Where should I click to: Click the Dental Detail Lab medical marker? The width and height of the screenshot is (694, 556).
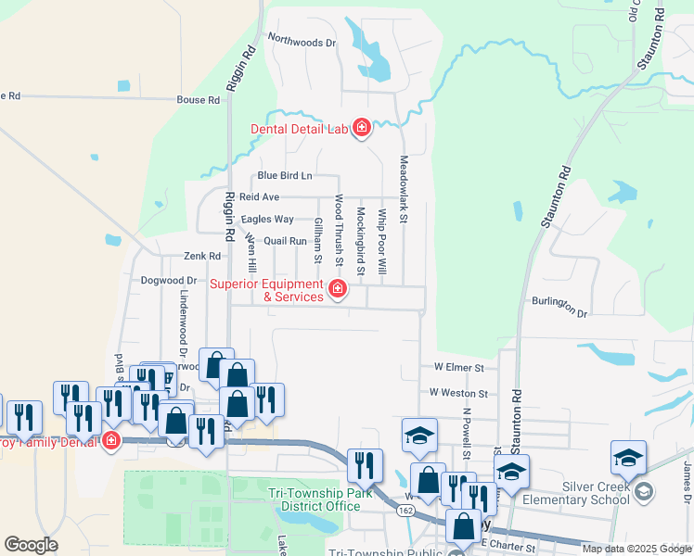(x=361, y=128)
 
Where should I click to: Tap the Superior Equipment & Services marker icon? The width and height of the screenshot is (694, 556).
(x=337, y=290)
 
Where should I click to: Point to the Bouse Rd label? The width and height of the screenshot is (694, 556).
(x=198, y=99)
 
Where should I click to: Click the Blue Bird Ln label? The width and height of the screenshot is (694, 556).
(x=285, y=175)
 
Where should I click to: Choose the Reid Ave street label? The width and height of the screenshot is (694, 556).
(x=259, y=197)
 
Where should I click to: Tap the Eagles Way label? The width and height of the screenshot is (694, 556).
(x=267, y=220)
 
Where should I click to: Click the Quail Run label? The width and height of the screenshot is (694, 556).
(x=285, y=241)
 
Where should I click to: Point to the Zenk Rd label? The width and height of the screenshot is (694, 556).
(x=201, y=256)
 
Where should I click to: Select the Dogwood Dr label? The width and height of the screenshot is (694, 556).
(x=169, y=280)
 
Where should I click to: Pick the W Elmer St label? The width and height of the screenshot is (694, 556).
(x=458, y=368)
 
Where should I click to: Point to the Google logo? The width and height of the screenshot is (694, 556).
(x=32, y=544)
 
